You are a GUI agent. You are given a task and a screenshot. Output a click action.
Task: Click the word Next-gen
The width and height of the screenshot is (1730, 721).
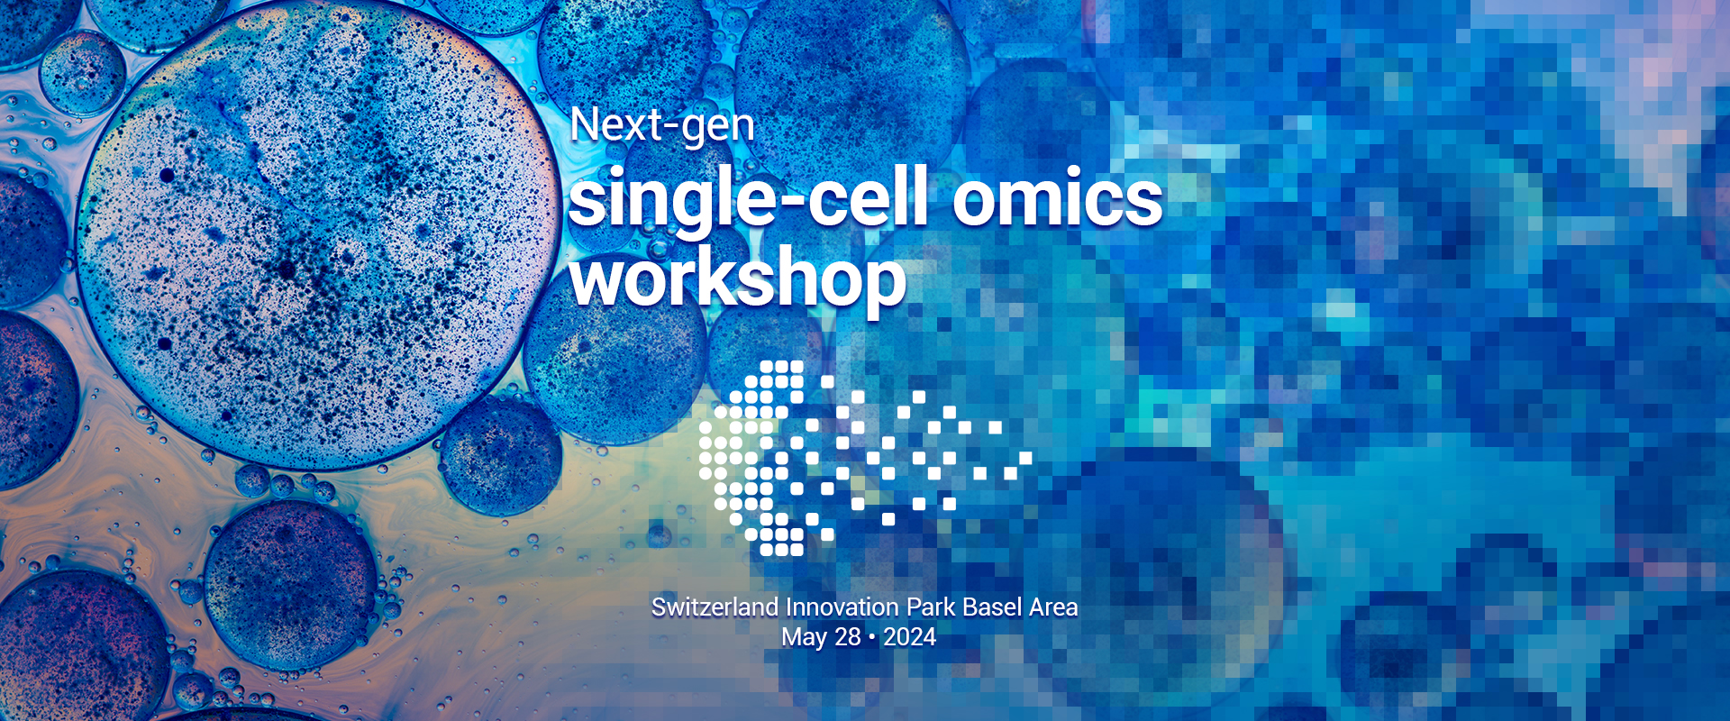(662, 126)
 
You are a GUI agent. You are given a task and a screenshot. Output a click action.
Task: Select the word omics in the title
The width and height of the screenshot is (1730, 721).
(1058, 199)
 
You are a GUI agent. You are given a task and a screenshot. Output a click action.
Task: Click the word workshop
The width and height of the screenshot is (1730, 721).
(738, 280)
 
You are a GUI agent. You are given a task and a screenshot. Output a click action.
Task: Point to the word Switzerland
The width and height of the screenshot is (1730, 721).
(715, 607)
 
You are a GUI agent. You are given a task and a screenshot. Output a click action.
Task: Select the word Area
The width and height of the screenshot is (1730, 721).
(1053, 607)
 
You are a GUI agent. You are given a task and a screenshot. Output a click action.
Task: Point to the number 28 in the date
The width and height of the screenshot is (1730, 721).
(848, 637)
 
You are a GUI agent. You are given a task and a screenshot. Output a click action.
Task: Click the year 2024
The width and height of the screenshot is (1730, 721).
(909, 637)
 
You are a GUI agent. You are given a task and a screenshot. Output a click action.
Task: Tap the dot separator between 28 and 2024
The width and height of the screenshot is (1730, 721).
(872, 638)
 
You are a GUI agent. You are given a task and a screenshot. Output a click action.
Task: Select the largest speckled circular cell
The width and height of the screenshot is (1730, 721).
(315, 239)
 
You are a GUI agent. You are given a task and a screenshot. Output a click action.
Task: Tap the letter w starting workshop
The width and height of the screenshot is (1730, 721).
(598, 281)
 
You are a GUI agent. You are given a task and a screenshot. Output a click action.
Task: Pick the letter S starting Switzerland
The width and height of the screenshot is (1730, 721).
(659, 607)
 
